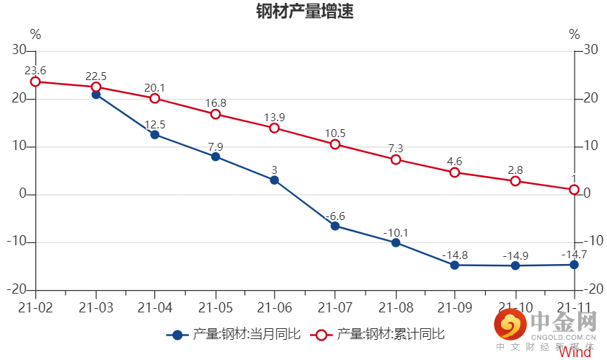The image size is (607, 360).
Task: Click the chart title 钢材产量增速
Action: point(304,13)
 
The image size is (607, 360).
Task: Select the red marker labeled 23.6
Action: point(35,82)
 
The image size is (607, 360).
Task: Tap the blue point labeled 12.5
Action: point(155,134)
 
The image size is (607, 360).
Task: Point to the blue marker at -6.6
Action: point(335,226)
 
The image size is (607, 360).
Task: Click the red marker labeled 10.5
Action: point(335,144)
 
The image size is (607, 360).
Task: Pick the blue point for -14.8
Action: point(455,265)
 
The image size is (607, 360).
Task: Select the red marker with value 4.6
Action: point(455,172)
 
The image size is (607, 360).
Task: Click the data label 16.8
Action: point(216,103)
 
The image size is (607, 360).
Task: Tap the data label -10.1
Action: point(395,232)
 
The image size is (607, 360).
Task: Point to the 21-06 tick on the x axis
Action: point(275,307)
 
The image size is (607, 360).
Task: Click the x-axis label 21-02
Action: point(35,307)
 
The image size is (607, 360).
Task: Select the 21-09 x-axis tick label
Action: point(455,307)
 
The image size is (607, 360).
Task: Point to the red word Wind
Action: point(575,352)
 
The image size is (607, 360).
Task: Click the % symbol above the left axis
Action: point(35,34)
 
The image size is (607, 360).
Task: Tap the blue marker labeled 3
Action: point(275,180)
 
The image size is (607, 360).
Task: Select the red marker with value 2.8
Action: point(515,181)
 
